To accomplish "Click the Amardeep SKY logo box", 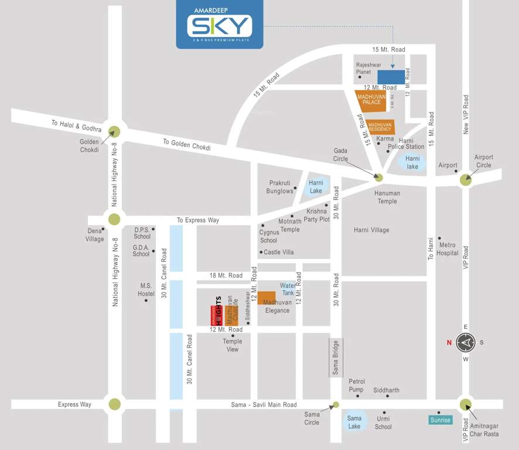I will (220, 25).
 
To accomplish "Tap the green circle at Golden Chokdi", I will (114, 132).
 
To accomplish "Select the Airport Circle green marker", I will (466, 180).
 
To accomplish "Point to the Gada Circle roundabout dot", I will (378, 178).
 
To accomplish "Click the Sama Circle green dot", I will (336, 404).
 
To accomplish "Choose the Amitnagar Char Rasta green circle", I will (466, 404).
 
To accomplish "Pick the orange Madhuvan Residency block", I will (381, 127).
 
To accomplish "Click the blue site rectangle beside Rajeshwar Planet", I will (391, 77).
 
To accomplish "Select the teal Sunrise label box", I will (440, 420).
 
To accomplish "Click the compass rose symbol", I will (466, 342).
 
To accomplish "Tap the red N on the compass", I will (449, 343).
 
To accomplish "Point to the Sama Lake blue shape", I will (355, 420).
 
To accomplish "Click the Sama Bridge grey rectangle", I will (336, 357).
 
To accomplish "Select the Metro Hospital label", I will (448, 249).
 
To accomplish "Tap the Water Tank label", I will (288, 289).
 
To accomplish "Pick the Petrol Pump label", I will (356, 386).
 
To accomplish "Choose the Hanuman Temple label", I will (387, 197).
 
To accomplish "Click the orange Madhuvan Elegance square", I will (267, 298).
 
